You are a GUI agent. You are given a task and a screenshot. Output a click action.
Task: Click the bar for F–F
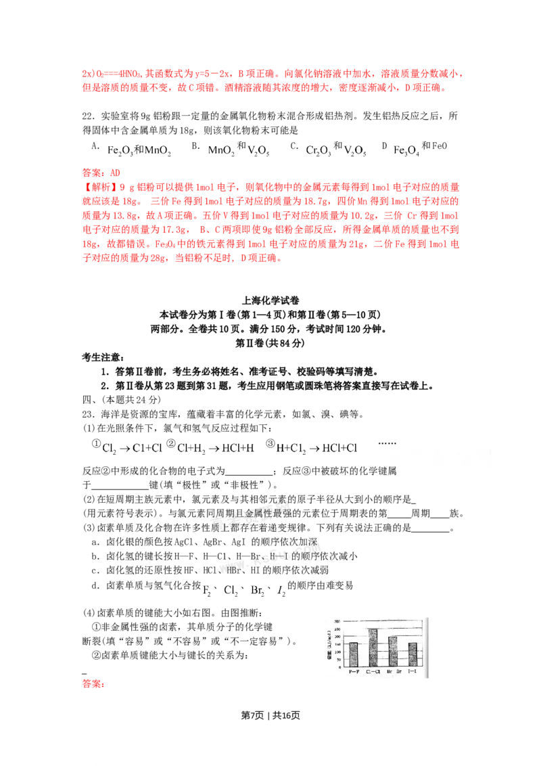point(353,654)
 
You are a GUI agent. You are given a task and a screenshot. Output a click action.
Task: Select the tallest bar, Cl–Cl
point(373,648)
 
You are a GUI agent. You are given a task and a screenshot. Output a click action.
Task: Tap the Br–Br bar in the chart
point(393,651)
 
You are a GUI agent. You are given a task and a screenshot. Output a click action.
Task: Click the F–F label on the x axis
point(353,671)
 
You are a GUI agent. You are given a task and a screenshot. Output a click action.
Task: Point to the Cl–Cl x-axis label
point(373,671)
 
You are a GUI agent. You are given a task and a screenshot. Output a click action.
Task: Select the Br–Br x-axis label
point(393,671)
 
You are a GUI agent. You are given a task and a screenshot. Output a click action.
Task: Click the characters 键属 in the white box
point(388,471)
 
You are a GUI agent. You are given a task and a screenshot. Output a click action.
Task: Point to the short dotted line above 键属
point(389,443)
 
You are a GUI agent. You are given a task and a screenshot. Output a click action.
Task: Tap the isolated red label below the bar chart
point(92,685)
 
